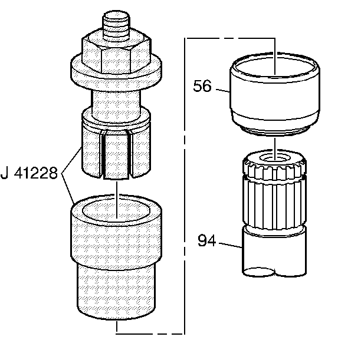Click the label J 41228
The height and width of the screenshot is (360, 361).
click(29, 173)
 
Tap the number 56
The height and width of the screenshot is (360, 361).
click(202, 86)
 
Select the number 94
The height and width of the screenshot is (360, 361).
click(206, 240)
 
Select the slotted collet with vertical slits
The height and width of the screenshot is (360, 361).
click(116, 147)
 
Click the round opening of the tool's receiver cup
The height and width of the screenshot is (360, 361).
click(116, 210)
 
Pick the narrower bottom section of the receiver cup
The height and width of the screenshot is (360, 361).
click(116, 292)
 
